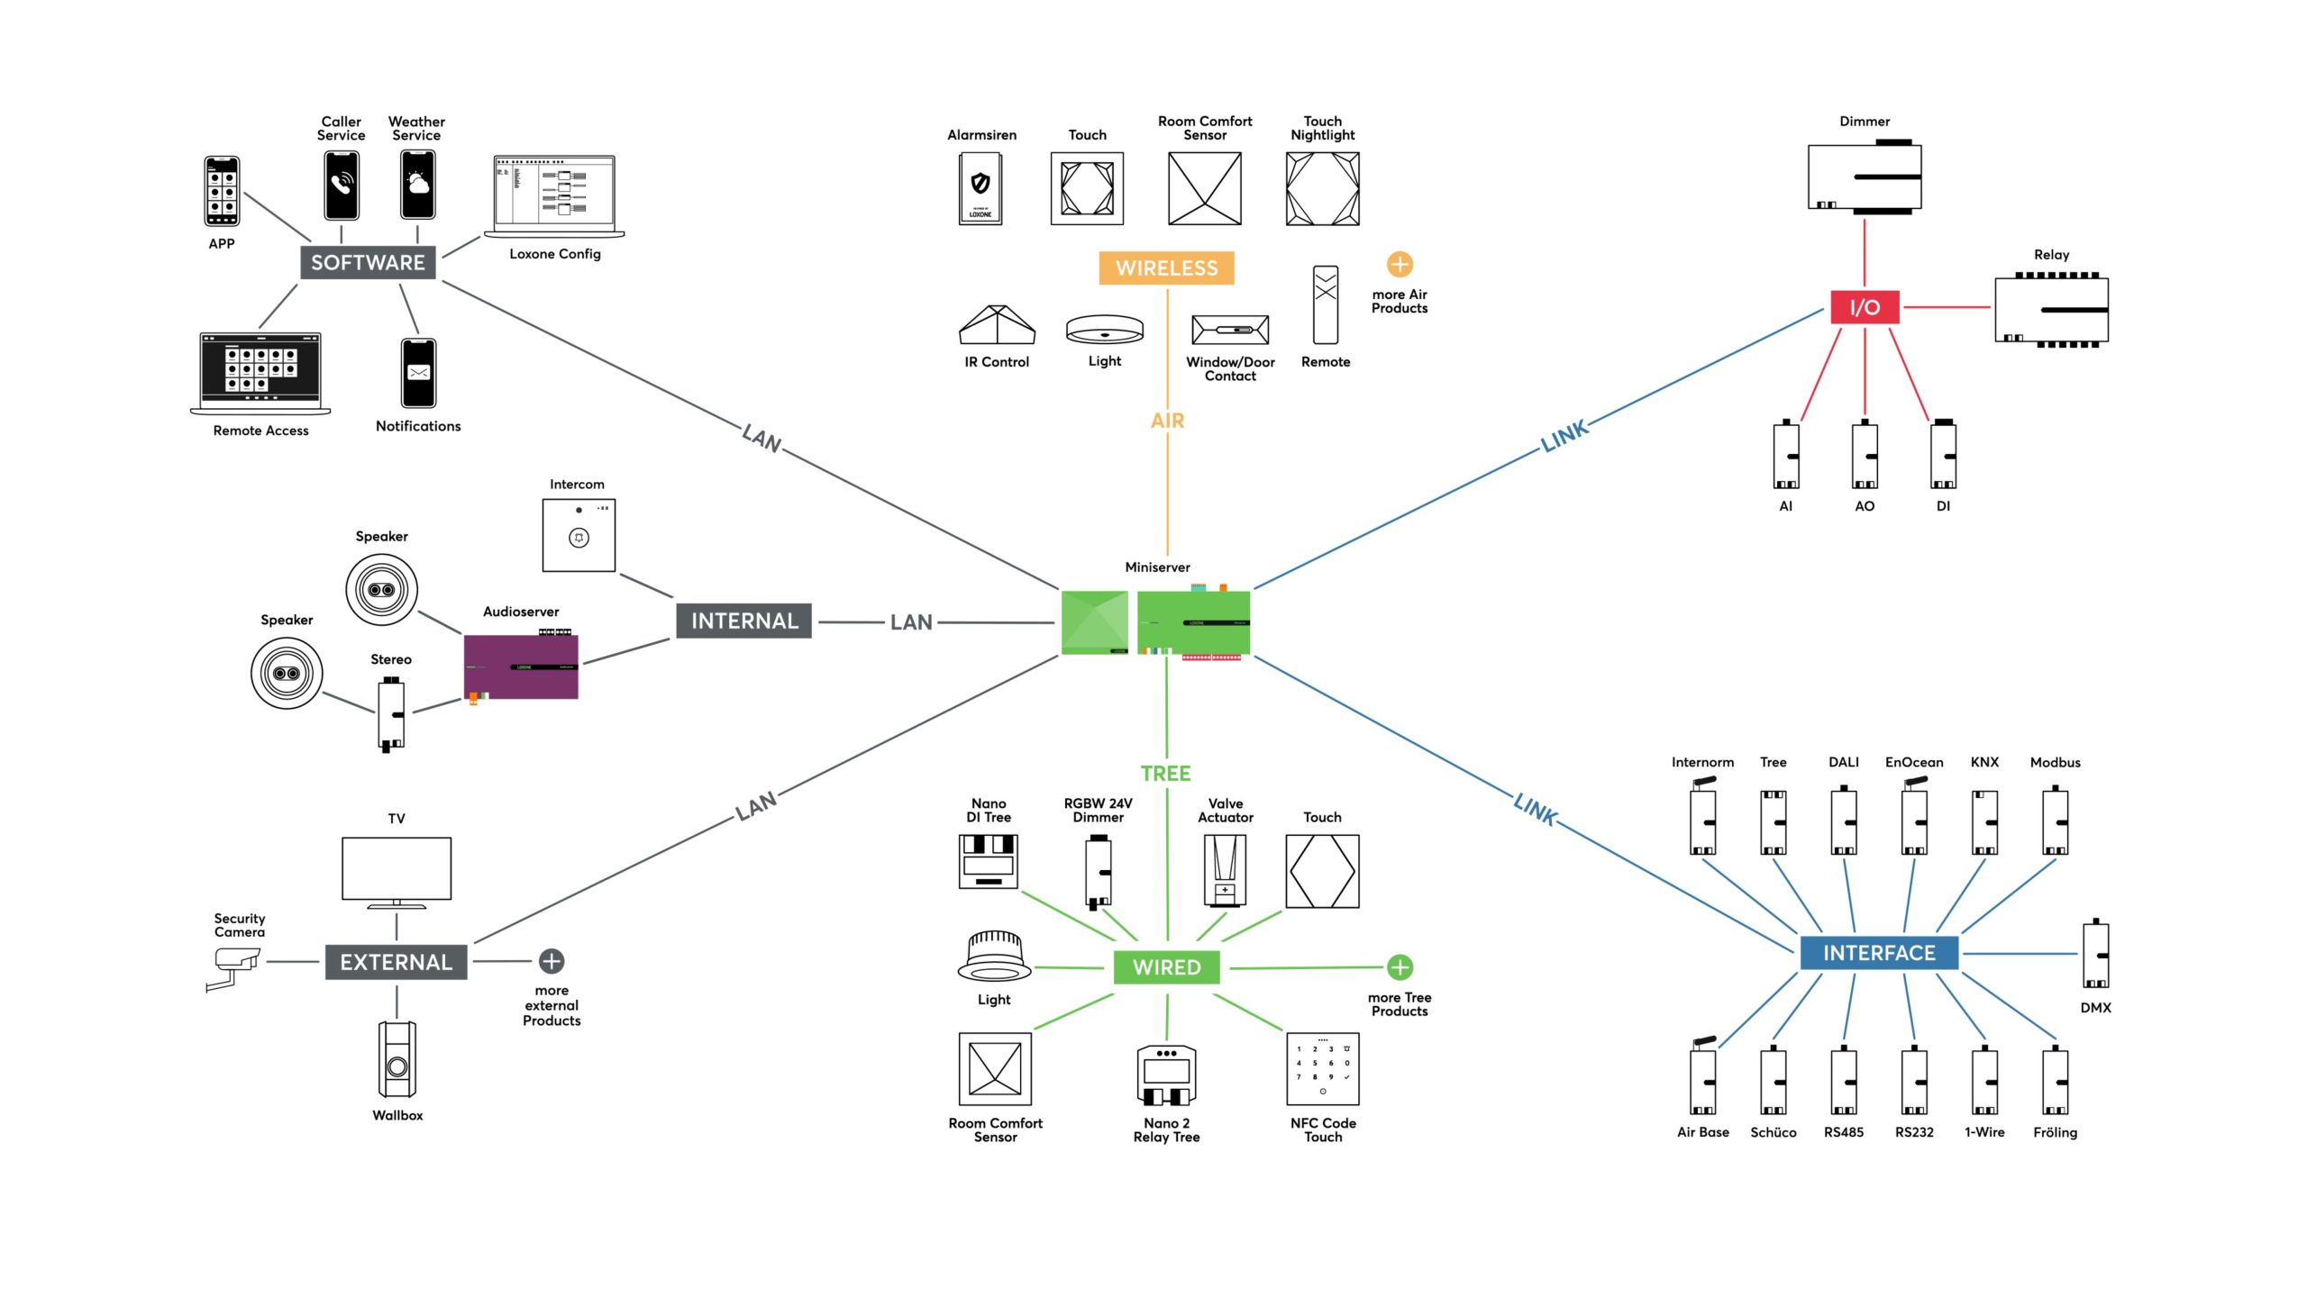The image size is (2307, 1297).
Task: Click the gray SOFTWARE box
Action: pos(368,262)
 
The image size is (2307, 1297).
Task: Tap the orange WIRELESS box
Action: pos(1166,268)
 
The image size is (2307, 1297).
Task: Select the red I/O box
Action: pos(1865,307)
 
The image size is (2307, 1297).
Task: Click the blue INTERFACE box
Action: pos(1879,953)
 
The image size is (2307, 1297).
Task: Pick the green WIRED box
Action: pos(1166,967)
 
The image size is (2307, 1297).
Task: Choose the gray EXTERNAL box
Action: pos(396,962)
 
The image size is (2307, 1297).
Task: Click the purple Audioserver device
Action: pos(521,667)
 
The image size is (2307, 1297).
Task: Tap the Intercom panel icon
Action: pos(579,535)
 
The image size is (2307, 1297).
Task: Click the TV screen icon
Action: pos(397,870)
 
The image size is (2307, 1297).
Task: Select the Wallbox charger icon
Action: pos(397,1059)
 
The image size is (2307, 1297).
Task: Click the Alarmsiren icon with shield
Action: pos(980,188)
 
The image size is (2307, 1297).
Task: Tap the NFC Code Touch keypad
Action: pos(1323,1069)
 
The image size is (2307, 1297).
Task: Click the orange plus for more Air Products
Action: pos(1400,265)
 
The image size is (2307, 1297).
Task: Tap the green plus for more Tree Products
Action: pos(1400,967)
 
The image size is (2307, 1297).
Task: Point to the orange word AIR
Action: pos(1167,421)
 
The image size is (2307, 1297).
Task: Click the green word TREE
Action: pos(1166,774)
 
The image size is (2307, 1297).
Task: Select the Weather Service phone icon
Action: pos(417,185)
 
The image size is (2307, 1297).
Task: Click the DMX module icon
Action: pos(2095,955)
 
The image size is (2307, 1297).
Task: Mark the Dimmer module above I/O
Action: pos(1865,177)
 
